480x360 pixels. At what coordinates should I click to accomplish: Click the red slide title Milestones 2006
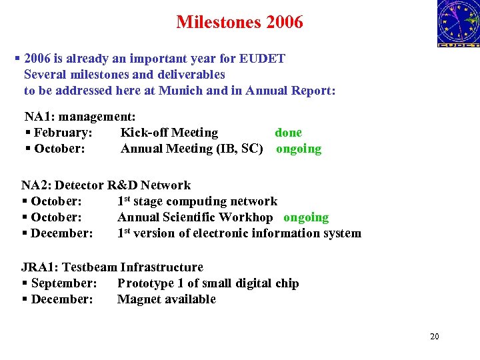[x=239, y=22]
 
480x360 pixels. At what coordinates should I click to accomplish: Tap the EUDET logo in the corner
[x=458, y=24]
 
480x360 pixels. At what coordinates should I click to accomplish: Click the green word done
[x=288, y=133]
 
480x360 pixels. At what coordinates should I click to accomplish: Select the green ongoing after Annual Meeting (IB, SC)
[x=299, y=149]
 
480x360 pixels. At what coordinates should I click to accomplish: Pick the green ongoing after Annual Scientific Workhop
[x=306, y=217]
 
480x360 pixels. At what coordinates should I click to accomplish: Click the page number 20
[x=435, y=337]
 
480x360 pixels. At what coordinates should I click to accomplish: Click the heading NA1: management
[x=80, y=117]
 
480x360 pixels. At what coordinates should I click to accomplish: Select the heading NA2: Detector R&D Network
[x=106, y=185]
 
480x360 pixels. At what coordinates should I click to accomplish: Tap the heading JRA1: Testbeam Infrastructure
[x=112, y=267]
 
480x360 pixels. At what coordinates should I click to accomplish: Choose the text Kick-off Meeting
[x=169, y=133]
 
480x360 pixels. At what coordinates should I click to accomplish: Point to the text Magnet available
[x=167, y=299]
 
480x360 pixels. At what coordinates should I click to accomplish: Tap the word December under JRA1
[x=61, y=299]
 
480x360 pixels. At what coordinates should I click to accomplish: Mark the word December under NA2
[x=61, y=233]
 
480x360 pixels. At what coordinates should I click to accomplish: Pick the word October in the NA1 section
[x=59, y=149]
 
